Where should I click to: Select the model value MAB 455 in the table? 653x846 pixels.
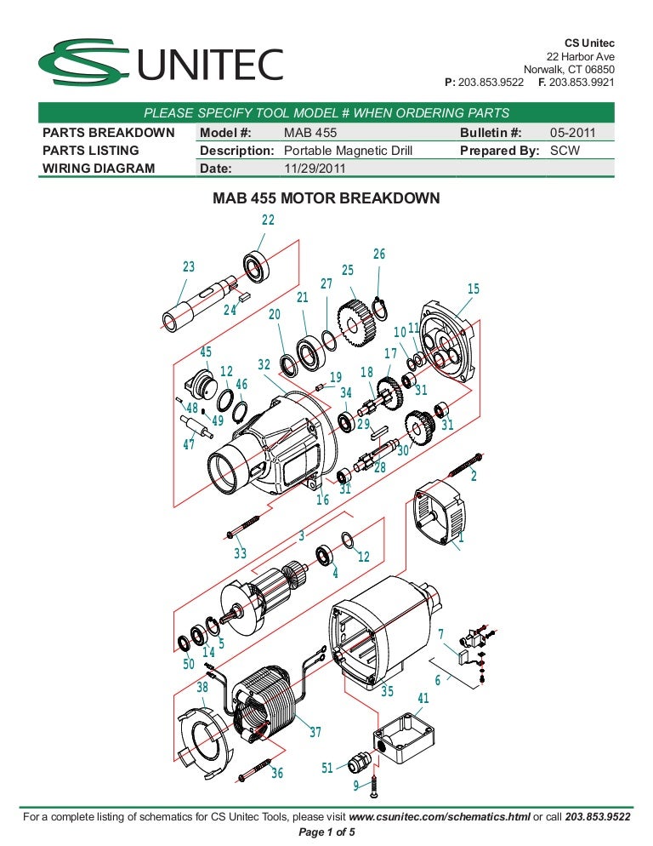point(309,133)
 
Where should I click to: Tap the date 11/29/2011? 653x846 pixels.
point(314,168)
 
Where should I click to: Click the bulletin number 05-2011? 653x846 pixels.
point(572,133)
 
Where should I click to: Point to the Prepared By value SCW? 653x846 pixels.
point(565,151)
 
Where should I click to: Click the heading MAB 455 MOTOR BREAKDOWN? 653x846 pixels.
point(326,199)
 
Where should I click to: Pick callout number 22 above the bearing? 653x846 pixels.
point(268,220)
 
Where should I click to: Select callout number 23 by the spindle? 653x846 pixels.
point(189,267)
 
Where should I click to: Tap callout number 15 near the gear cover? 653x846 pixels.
point(474,289)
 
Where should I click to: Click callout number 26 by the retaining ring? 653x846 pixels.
point(379,254)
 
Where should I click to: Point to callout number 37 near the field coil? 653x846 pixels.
point(315,732)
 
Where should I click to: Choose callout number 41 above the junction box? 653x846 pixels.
point(423,699)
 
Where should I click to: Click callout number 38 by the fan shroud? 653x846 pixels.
point(202,688)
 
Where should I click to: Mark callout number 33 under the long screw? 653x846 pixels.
point(241,553)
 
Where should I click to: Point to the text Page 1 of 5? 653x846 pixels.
point(326,832)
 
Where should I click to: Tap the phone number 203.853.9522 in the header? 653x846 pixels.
point(491,83)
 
